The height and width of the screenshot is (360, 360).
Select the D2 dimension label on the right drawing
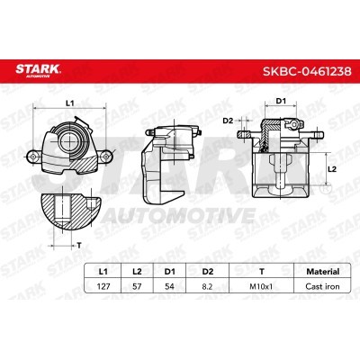click(229, 120)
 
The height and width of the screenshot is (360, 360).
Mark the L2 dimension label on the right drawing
click(330, 167)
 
